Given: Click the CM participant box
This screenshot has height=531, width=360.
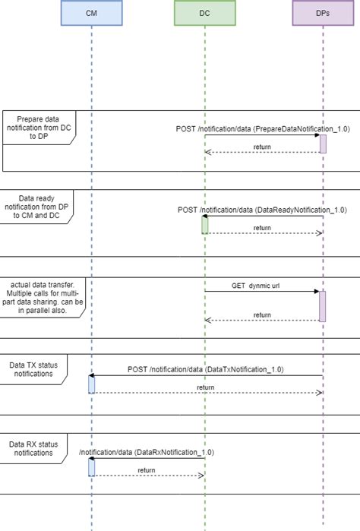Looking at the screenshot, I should coord(91,13).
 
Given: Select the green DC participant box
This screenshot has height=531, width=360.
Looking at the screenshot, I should coord(204,13).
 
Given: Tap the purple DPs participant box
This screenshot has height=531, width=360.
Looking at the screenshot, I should coord(322,13).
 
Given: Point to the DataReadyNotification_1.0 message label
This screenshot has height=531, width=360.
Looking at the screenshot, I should coord(262,209).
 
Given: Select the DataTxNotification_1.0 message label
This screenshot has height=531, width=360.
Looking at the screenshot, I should coord(206,369).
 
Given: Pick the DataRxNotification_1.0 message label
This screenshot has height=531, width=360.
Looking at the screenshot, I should coord(146,452).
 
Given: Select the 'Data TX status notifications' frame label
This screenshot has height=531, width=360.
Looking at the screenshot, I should coord(33,368).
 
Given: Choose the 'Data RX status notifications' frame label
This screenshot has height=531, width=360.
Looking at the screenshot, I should coord(33,447).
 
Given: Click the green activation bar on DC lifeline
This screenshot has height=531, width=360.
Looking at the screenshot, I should coord(204,225).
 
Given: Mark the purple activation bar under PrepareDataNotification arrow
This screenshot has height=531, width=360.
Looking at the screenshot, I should coord(323,144).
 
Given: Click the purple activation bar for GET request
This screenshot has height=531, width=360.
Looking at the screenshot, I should coord(323,306).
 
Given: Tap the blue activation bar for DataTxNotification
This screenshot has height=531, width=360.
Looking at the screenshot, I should coord(91,384).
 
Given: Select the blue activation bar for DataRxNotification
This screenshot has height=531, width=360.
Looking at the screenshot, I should coord(91,467).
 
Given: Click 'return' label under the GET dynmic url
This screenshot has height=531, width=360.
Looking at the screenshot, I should coord(262,314).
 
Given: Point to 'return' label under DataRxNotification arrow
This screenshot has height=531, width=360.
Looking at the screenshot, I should coord(147,471).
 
